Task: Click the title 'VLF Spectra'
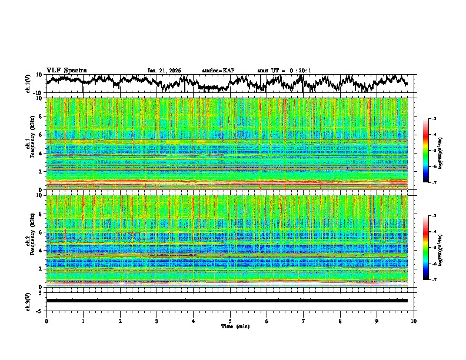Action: click(x=66, y=71)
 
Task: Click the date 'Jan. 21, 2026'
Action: click(x=164, y=71)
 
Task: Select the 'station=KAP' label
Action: click(x=218, y=71)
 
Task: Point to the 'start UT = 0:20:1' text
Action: click(x=284, y=71)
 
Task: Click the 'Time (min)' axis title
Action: click(x=231, y=326)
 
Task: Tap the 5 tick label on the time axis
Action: click(x=231, y=321)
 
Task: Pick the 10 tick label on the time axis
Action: click(x=414, y=321)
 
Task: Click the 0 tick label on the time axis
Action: click(x=46, y=321)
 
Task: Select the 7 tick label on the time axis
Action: click(x=304, y=321)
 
